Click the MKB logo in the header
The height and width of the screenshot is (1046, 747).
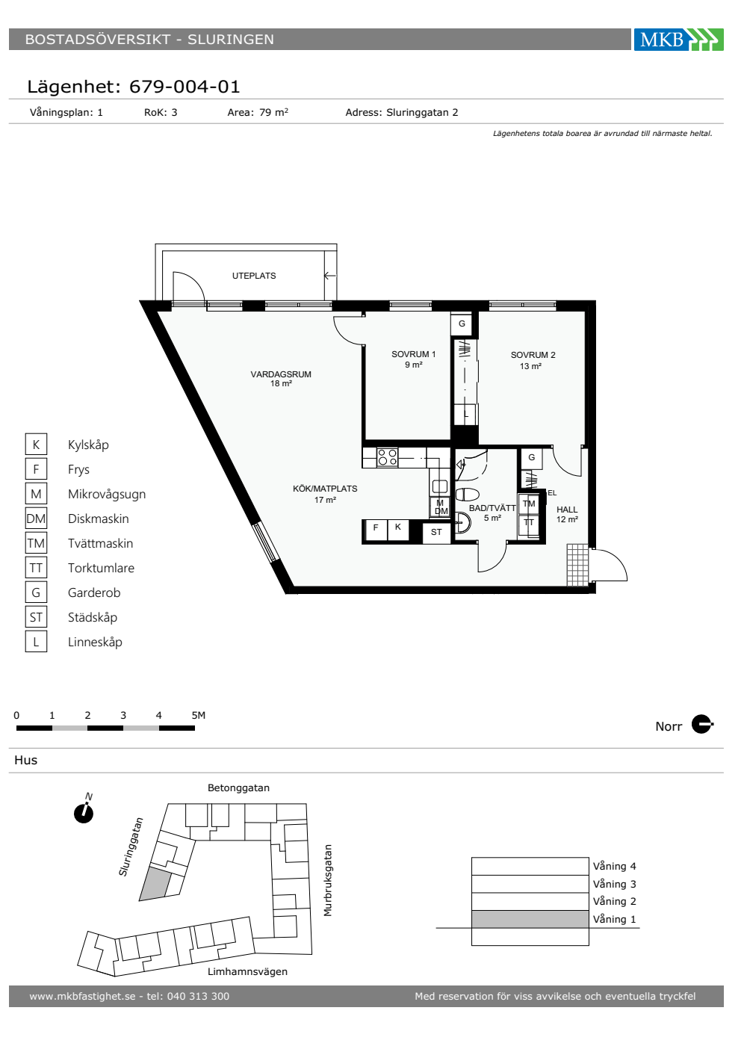pos(678,39)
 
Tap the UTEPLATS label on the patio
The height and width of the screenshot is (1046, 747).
pos(254,276)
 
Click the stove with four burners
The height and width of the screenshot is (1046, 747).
pos(388,457)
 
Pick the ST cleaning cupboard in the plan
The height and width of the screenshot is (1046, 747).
pos(436,532)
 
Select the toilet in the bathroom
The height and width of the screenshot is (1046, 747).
pos(468,494)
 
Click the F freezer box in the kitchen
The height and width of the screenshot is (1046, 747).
pos(376,530)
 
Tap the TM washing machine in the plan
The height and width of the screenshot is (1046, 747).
pos(529,504)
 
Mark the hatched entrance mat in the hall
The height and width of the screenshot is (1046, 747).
pos(578,565)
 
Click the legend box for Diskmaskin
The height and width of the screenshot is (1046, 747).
pos(36,519)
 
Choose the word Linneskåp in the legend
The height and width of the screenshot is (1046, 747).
pos(96,642)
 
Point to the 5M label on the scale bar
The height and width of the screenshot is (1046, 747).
pos(199,715)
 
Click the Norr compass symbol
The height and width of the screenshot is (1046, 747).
pos(701,724)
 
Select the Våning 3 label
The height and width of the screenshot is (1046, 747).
pos(614,884)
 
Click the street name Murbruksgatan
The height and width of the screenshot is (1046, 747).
pos(328,880)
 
